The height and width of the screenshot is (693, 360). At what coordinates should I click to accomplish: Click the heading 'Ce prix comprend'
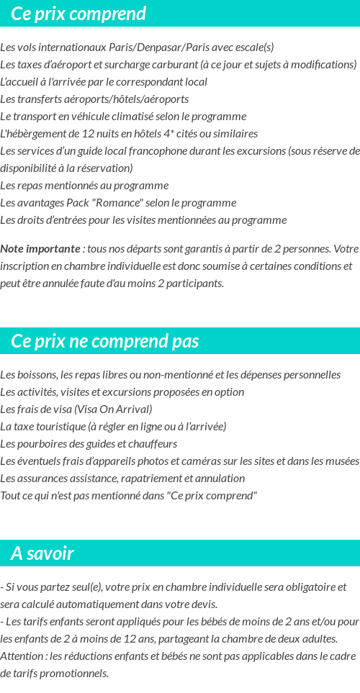tap(78, 14)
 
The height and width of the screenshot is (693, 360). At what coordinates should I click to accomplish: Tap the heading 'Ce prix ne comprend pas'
tap(105, 341)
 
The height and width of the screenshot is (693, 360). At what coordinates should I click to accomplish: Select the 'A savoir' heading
tap(42, 553)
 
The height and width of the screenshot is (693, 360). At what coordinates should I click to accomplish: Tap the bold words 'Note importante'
tap(40, 249)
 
